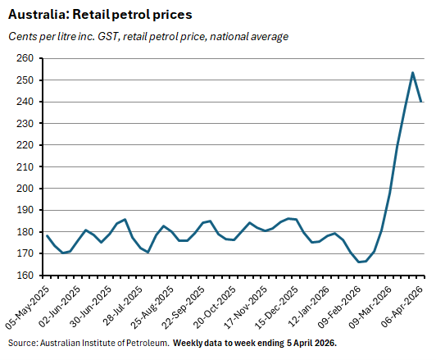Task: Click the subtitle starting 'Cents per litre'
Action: pyautogui.click(x=148, y=36)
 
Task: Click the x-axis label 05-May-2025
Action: pyautogui.click(x=26, y=307)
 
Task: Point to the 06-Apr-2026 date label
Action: pyautogui.click(x=405, y=307)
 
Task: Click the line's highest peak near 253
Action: pyautogui.click(x=412, y=73)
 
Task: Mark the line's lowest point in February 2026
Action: pyautogui.click(x=358, y=262)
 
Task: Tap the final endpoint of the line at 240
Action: pyautogui.click(x=421, y=101)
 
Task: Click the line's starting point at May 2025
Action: pyautogui.click(x=48, y=235)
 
